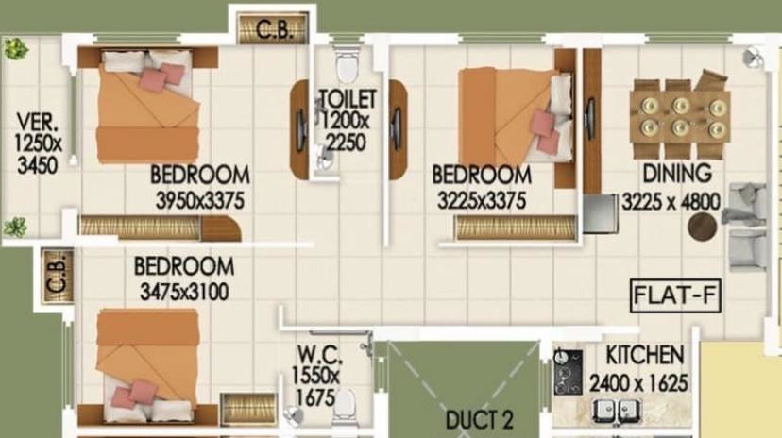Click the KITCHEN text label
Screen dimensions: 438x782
(x=645, y=356)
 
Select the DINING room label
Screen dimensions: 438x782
(x=676, y=174)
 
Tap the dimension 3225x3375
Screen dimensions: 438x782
(x=482, y=200)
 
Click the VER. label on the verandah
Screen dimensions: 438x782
(x=37, y=123)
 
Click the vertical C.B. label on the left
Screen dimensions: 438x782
(x=54, y=277)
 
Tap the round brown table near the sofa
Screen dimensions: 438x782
(x=702, y=227)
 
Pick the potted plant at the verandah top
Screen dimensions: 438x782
(x=13, y=48)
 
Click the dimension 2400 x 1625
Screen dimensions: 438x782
(x=638, y=383)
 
